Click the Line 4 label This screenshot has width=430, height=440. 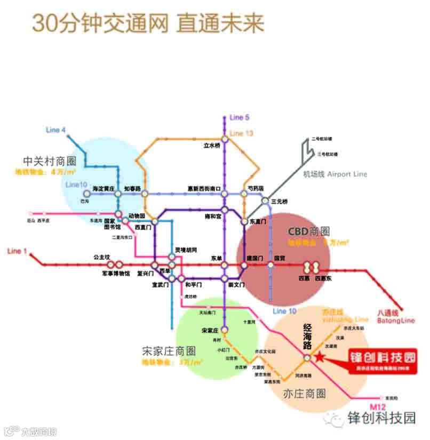[56, 130]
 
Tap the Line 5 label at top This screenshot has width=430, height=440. [240, 117]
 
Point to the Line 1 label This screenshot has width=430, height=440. [18, 251]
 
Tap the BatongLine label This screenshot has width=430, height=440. [395, 321]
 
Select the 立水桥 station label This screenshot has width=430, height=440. [212, 145]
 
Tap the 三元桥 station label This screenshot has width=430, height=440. [280, 202]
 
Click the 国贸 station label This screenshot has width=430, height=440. [280, 259]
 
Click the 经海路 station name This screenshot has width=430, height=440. [307, 330]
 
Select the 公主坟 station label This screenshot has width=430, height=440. [101, 257]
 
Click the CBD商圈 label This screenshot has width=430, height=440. [308, 231]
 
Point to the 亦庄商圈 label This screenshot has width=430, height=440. [306, 394]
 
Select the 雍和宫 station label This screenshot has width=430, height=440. [213, 217]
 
